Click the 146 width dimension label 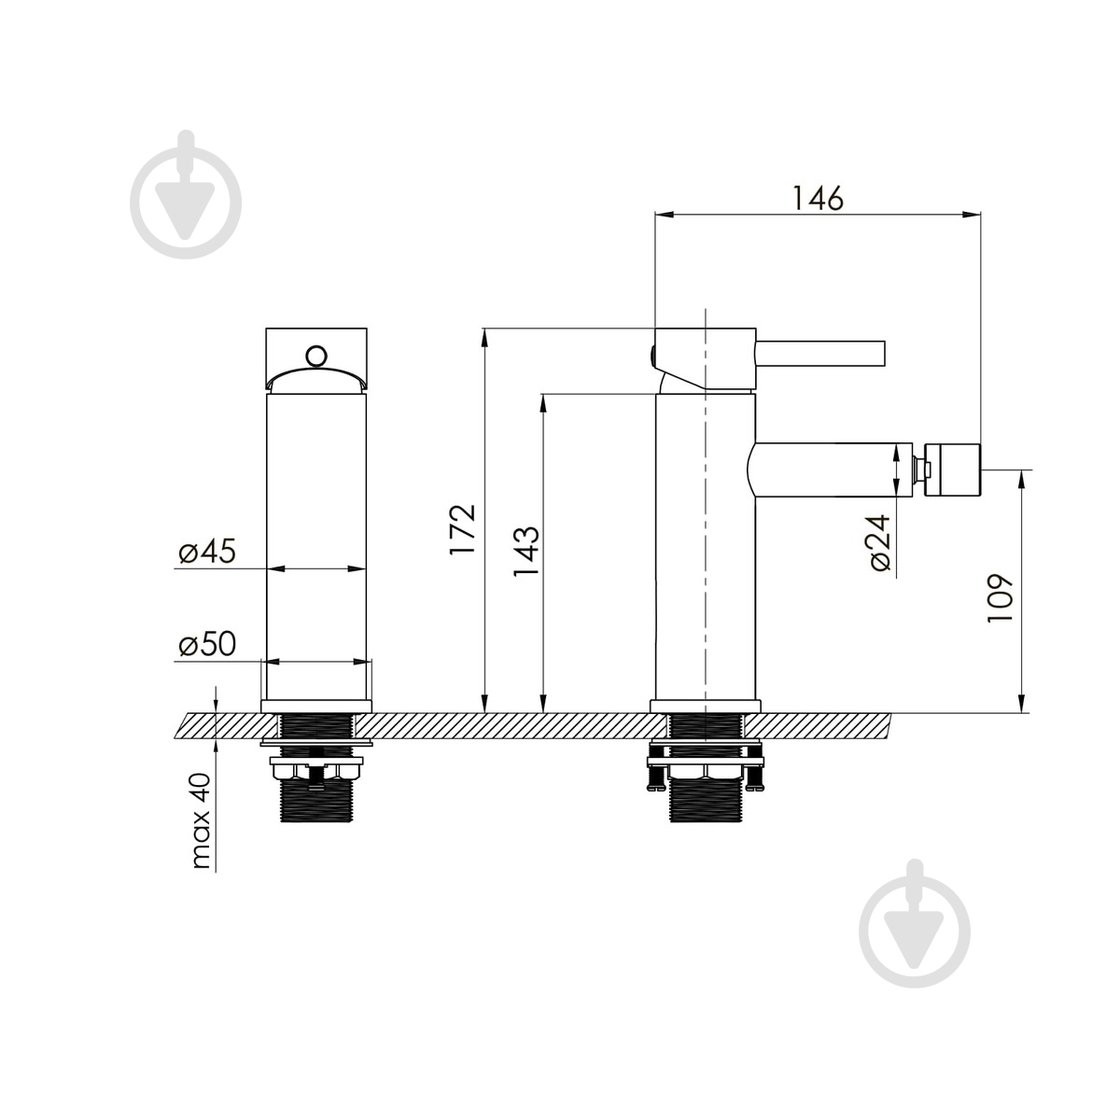pos(817,199)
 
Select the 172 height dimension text pos(463,529)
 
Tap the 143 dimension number pos(526,551)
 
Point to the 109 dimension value pos(1001,598)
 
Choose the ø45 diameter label pos(207,551)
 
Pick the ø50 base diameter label pos(207,644)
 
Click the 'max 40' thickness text pos(201,820)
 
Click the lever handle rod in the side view pos(820,354)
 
